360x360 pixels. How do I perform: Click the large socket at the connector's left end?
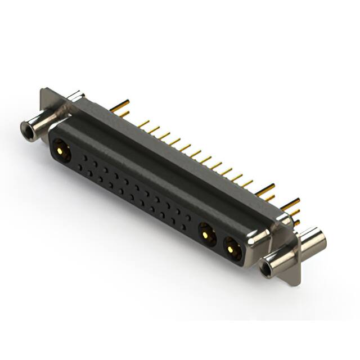pyautogui.click(x=60, y=150)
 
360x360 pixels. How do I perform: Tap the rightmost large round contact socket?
pyautogui.click(x=233, y=247)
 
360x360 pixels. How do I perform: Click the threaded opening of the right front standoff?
pyautogui.click(x=268, y=268)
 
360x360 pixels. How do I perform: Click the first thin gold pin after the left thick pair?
pyautogui.click(x=144, y=123)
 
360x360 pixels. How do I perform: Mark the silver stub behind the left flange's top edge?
pyautogui.click(x=73, y=96)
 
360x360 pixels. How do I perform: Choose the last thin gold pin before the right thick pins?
pyautogui.click(x=247, y=183)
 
